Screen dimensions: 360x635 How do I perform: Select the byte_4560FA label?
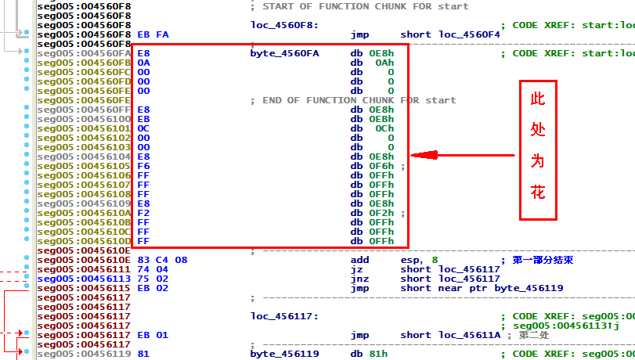(x=284, y=53)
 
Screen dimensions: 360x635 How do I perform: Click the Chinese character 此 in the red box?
(x=538, y=100)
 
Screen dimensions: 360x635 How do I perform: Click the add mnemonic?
(x=359, y=260)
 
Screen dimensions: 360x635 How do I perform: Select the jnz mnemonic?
(x=359, y=279)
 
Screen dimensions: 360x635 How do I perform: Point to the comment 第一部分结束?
(x=543, y=260)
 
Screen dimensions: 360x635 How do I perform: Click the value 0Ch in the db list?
(x=384, y=128)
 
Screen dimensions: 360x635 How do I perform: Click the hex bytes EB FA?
(x=153, y=34)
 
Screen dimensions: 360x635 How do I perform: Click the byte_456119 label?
(x=284, y=354)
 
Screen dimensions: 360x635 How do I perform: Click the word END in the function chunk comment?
(x=272, y=100)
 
